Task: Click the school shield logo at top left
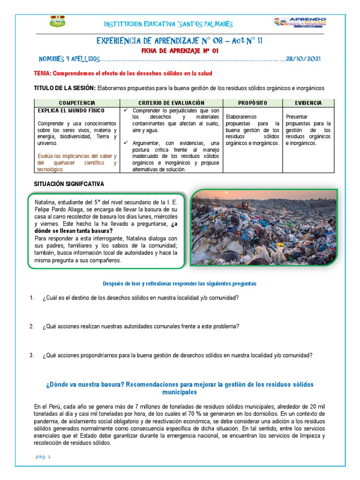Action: point(58,21)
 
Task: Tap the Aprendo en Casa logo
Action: point(300,22)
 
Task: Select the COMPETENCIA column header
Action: point(77,103)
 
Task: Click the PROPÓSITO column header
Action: point(252,103)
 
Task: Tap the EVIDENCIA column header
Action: point(308,103)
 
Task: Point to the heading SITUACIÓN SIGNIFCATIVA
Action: point(69,184)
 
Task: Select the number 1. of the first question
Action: point(32,298)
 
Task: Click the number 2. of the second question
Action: point(32,327)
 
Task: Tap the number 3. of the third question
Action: point(32,355)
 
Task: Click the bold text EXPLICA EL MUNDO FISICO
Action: point(71,111)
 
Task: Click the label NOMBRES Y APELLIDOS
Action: point(69,59)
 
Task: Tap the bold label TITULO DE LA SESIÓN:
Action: point(65,88)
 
